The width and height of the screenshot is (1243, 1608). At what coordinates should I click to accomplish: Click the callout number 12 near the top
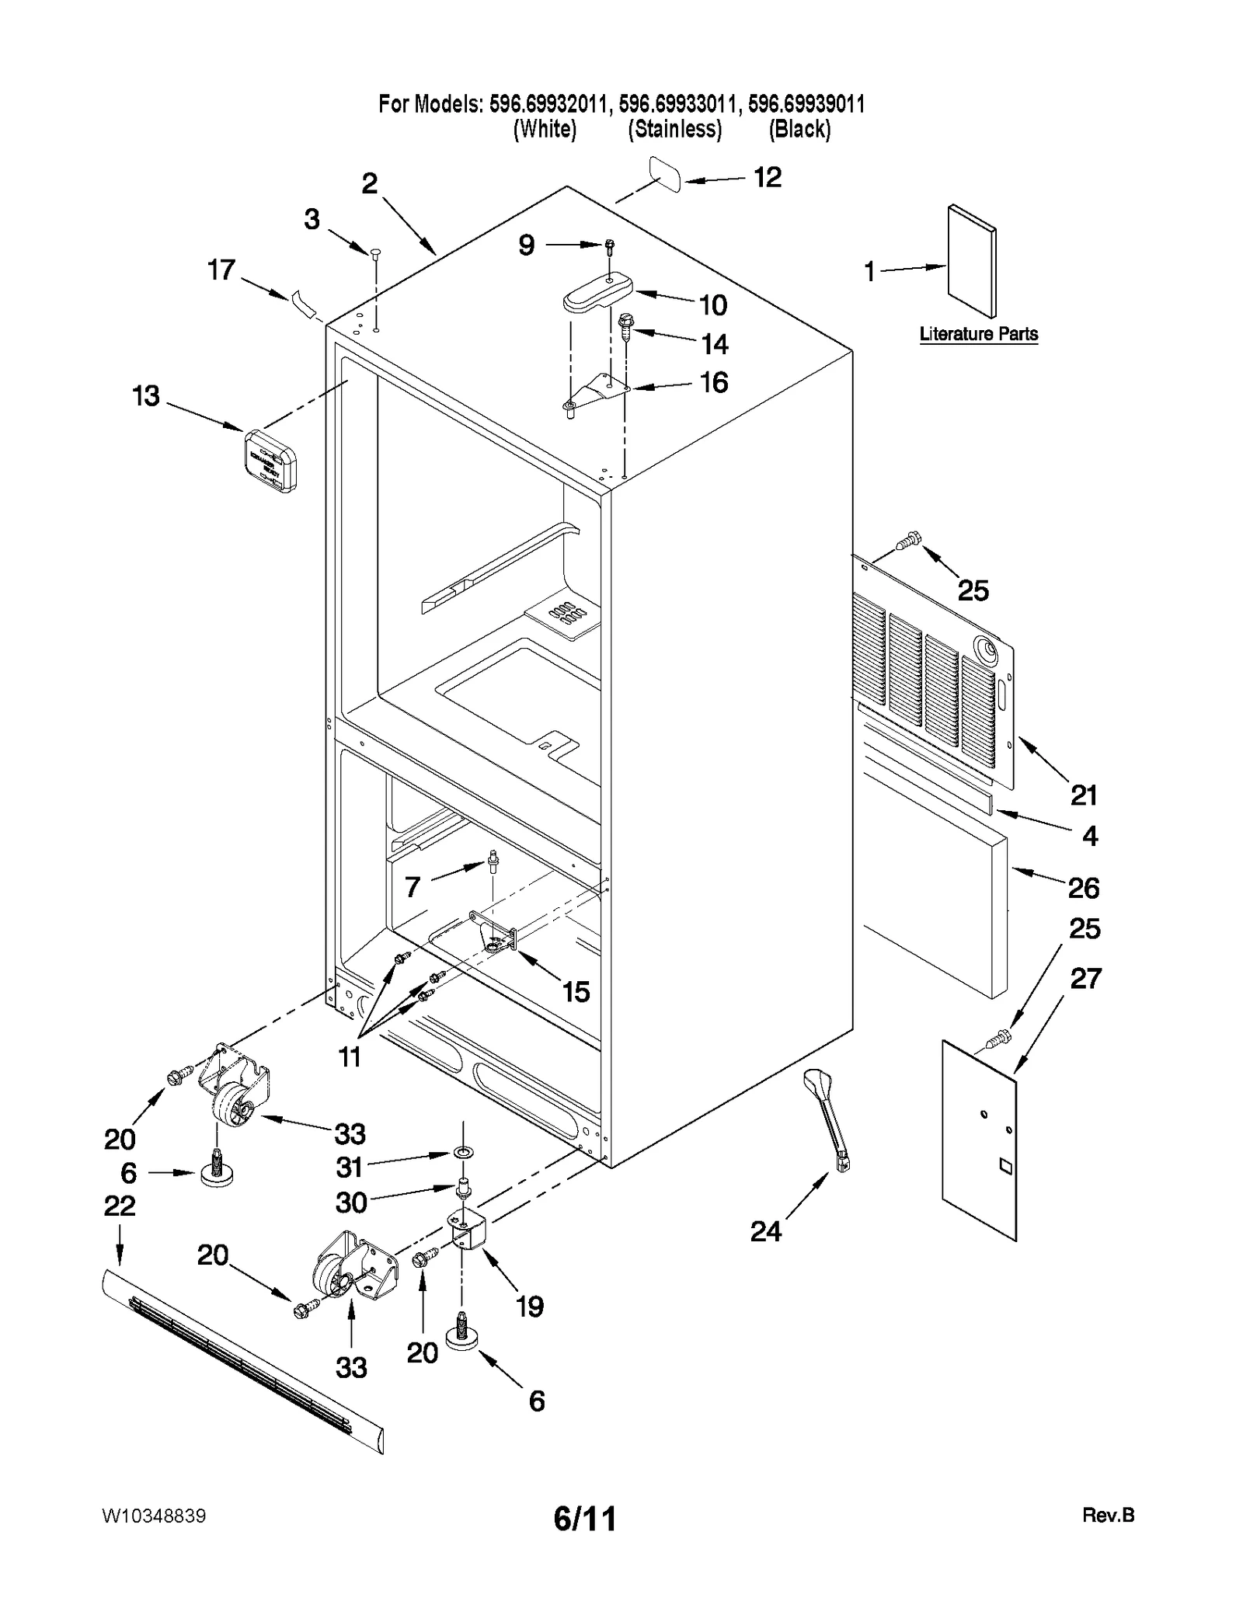(x=767, y=178)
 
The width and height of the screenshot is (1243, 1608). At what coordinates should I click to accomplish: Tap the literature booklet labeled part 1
(x=971, y=261)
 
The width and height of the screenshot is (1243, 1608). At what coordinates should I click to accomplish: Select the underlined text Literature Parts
(x=978, y=334)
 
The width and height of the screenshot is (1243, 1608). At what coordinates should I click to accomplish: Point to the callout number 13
(x=146, y=396)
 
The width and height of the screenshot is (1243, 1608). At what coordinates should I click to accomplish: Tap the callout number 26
(x=1083, y=888)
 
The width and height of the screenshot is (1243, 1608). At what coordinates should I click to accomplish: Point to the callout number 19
(x=530, y=1307)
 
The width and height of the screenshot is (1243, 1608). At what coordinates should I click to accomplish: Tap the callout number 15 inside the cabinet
(x=576, y=992)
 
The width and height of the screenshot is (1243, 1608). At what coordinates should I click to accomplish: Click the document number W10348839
(x=153, y=1516)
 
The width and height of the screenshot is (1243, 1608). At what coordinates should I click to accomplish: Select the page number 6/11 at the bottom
(x=585, y=1518)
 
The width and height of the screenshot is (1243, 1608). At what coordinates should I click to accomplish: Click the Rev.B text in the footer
(x=1108, y=1515)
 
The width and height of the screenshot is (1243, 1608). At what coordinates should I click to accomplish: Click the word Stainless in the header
(x=674, y=129)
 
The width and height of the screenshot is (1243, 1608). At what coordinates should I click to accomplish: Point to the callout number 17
(x=221, y=270)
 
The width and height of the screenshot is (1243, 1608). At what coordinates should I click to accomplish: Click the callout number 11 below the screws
(x=350, y=1056)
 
